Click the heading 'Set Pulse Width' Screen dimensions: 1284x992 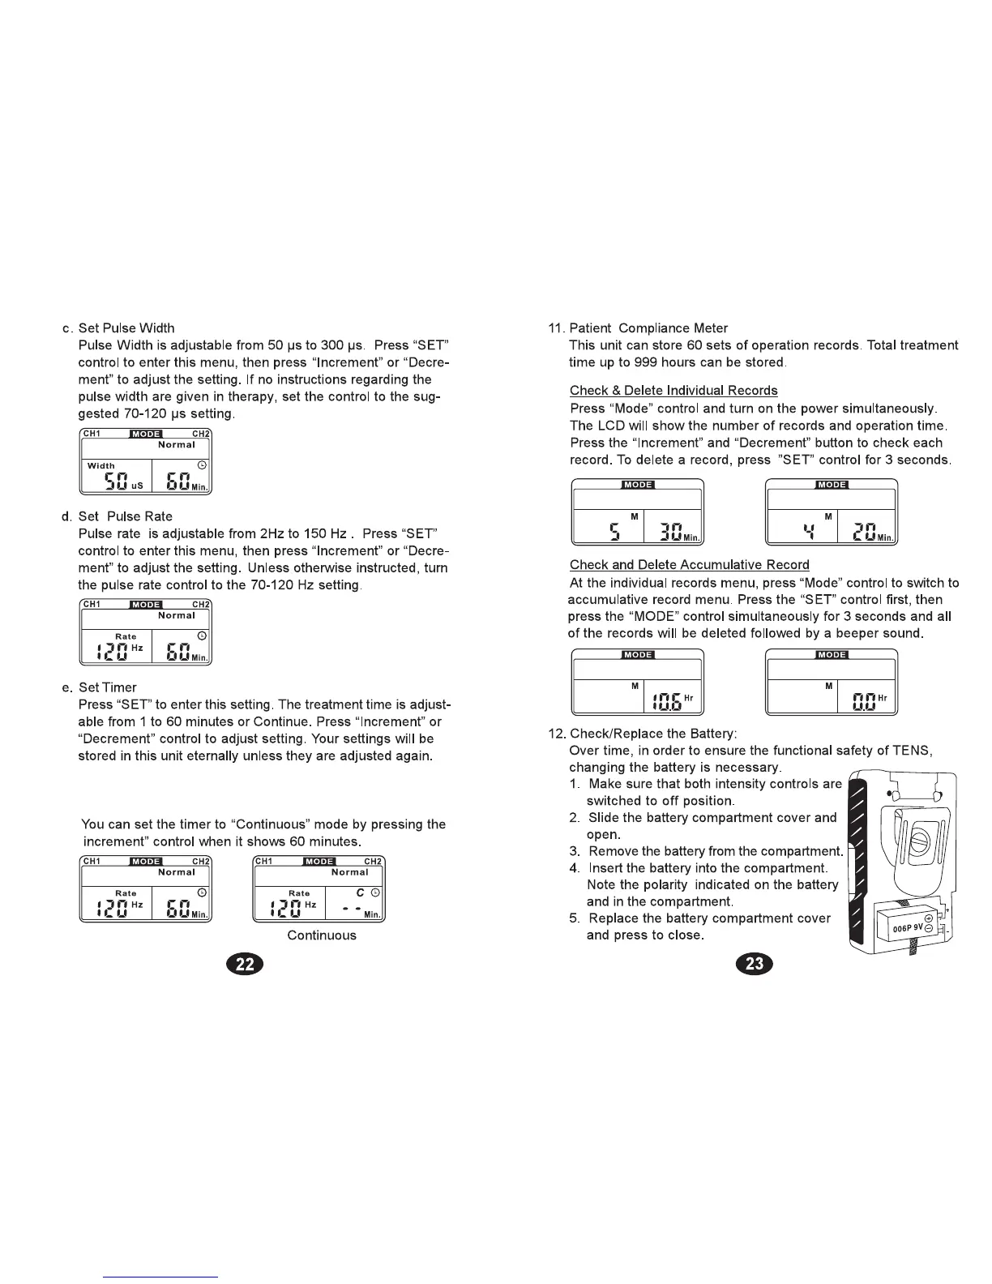[126, 328]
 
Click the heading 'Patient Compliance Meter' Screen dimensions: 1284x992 [648, 328]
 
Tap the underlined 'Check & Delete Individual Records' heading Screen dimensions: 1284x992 [673, 391]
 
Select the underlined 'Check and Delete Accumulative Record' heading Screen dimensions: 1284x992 [689, 565]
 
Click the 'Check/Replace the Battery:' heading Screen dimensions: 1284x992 [652, 734]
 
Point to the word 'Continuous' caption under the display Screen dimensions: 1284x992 [322, 935]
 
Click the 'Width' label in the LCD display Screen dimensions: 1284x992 [101, 465]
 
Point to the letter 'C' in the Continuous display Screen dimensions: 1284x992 [360, 892]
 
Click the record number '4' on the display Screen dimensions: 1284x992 [807, 532]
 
